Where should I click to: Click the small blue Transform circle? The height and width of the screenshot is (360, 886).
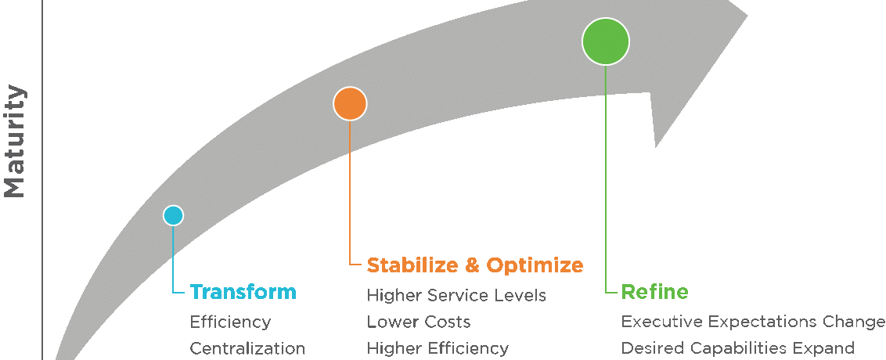pos(173,215)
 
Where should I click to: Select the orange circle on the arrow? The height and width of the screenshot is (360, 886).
pos(350,103)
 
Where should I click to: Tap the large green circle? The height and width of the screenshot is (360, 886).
pos(606,41)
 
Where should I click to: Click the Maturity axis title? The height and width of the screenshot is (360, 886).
pos(15,141)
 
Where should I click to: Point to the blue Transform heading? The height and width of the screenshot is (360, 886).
pos(243,293)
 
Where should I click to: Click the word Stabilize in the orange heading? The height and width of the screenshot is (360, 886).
pos(412,265)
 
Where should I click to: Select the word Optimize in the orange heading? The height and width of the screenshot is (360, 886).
pos(535,265)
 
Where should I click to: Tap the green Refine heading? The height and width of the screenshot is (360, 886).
pos(643,293)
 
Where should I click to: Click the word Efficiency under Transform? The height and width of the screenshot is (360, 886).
pos(230,322)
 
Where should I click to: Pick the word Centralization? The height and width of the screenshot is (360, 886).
pos(247,348)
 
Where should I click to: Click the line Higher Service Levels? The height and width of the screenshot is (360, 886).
pos(456,296)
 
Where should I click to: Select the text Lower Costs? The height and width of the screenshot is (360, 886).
pos(419,322)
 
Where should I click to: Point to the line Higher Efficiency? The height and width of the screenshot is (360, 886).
pos(438,348)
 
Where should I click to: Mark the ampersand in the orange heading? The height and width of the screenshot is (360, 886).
pos(472,265)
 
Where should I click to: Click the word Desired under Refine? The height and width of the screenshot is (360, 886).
pos(648,348)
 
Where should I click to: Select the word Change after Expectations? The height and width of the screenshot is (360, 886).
pos(855,322)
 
